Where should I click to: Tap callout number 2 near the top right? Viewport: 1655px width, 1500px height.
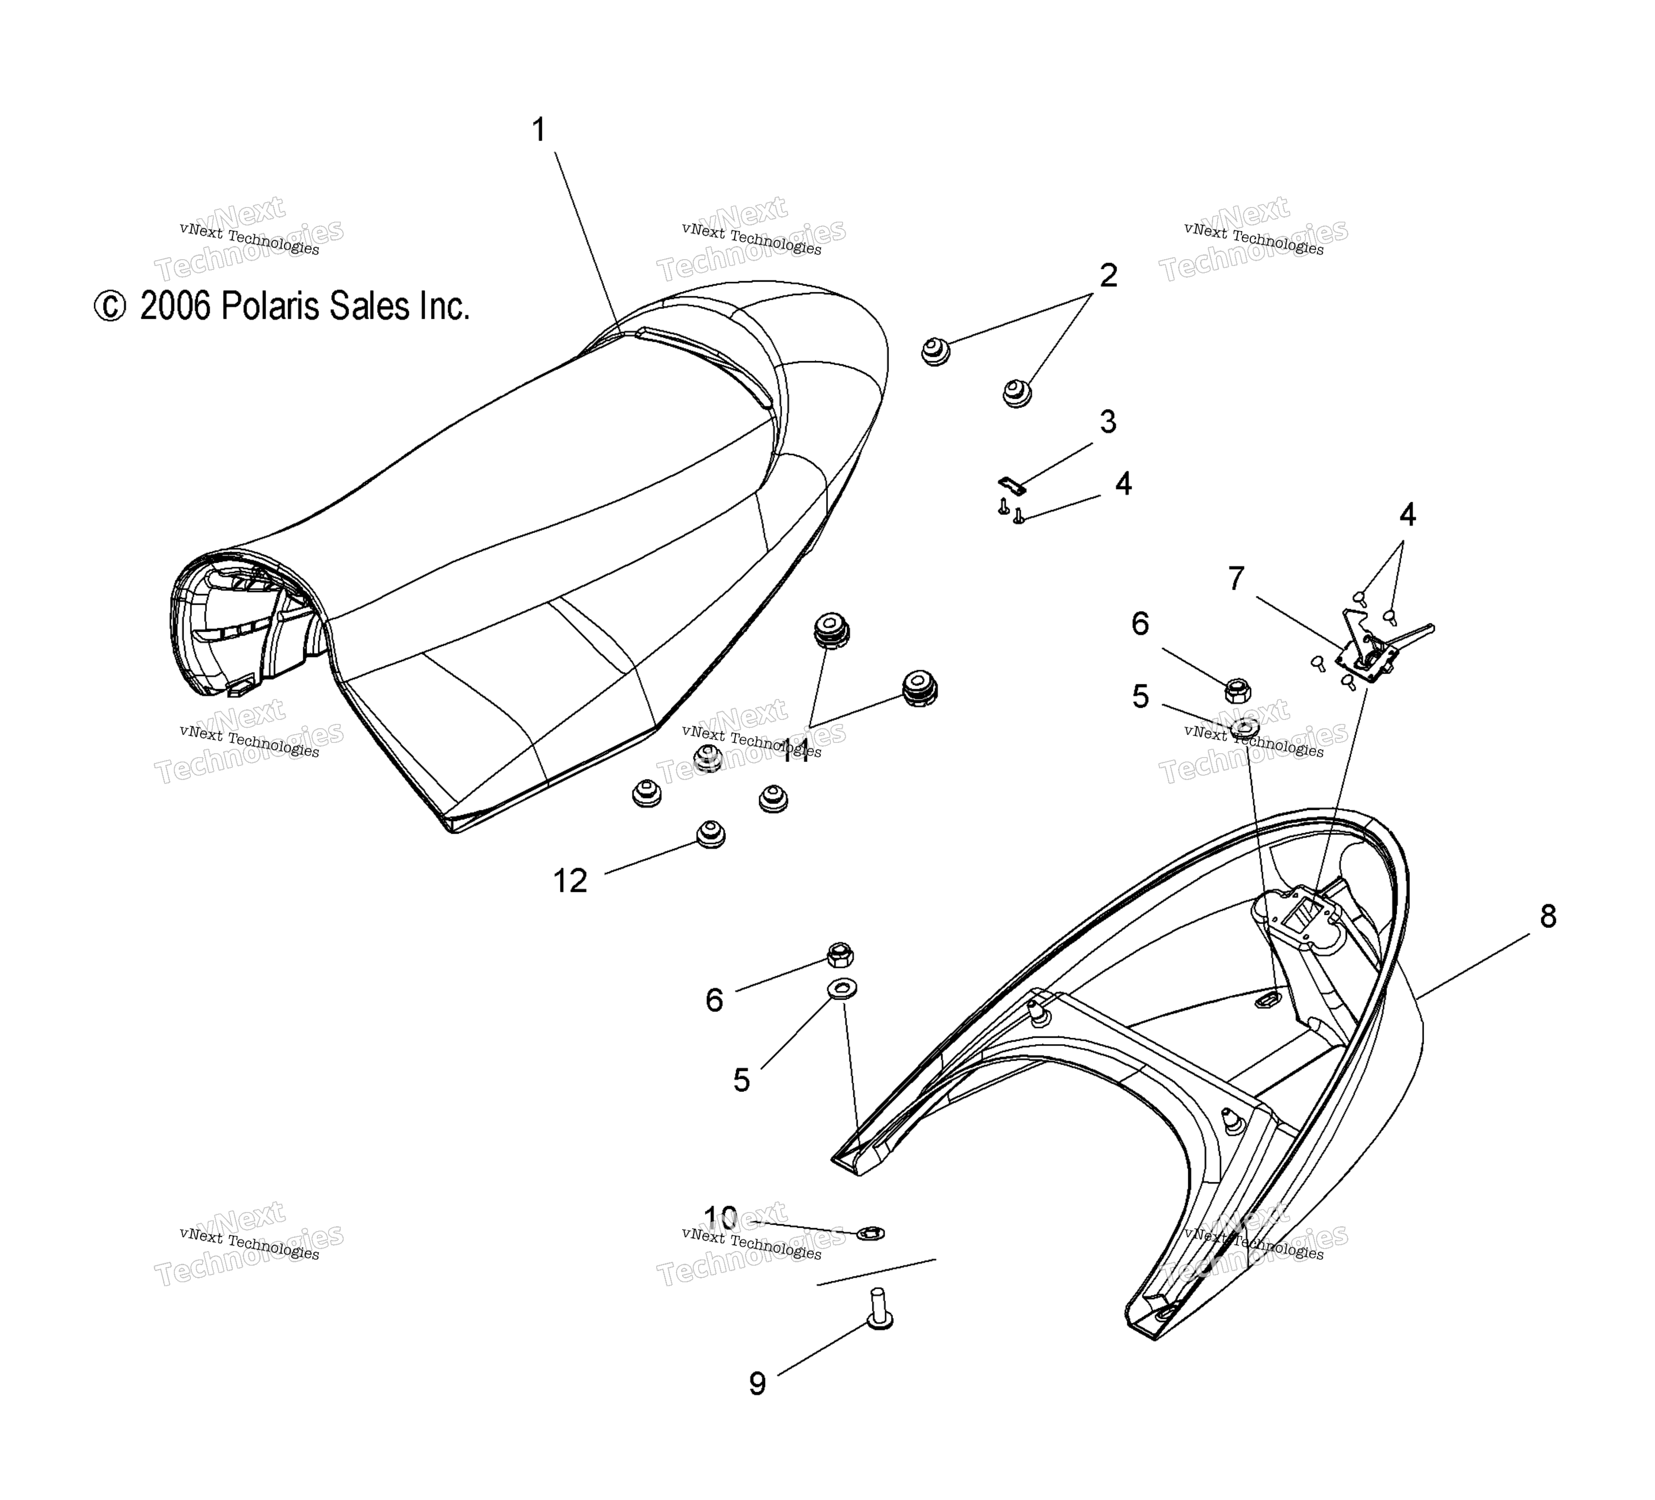click(1108, 276)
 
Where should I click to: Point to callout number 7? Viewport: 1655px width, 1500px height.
click(1236, 579)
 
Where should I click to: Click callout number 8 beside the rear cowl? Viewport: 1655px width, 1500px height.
click(1548, 916)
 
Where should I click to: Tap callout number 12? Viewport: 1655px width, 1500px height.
click(571, 881)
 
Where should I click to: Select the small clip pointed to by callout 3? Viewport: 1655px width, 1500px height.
click(1012, 485)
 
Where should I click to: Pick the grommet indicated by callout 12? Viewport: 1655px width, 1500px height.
click(711, 834)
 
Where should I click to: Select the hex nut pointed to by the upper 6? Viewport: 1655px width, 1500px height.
click(1237, 691)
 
